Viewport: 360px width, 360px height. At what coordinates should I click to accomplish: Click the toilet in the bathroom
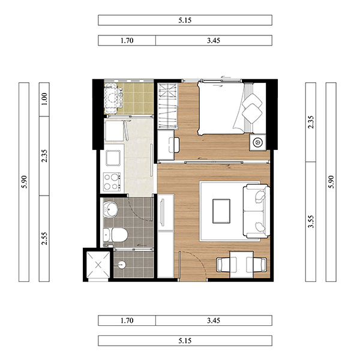point(115,235)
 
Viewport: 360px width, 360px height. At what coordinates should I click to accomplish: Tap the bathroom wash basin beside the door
point(110,209)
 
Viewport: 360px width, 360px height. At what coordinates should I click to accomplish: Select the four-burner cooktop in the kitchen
point(112,182)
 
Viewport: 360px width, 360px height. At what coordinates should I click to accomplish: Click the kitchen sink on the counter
point(113,158)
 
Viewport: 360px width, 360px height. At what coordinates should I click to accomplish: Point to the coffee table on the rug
point(221,211)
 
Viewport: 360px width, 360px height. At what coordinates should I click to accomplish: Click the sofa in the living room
point(256,211)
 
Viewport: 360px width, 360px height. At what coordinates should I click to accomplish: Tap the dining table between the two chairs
point(242,265)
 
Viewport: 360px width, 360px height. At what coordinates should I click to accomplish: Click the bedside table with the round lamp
point(257,142)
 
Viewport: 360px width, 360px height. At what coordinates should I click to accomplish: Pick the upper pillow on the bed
point(252,101)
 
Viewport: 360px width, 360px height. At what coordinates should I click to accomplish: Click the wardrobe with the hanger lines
point(167,106)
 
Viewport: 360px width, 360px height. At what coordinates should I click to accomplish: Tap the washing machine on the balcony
point(113,99)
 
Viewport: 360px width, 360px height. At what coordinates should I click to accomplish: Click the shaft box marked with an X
point(98,265)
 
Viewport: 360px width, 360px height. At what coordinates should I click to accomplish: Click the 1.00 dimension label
point(44,99)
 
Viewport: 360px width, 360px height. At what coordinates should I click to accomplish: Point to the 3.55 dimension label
point(311,221)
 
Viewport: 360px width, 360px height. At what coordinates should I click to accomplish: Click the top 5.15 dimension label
point(185,20)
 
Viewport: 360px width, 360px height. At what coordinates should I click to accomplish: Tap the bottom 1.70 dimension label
point(127,320)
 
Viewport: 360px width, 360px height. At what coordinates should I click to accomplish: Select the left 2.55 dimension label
point(44,238)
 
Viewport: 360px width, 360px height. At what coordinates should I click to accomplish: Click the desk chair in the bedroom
point(174,145)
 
